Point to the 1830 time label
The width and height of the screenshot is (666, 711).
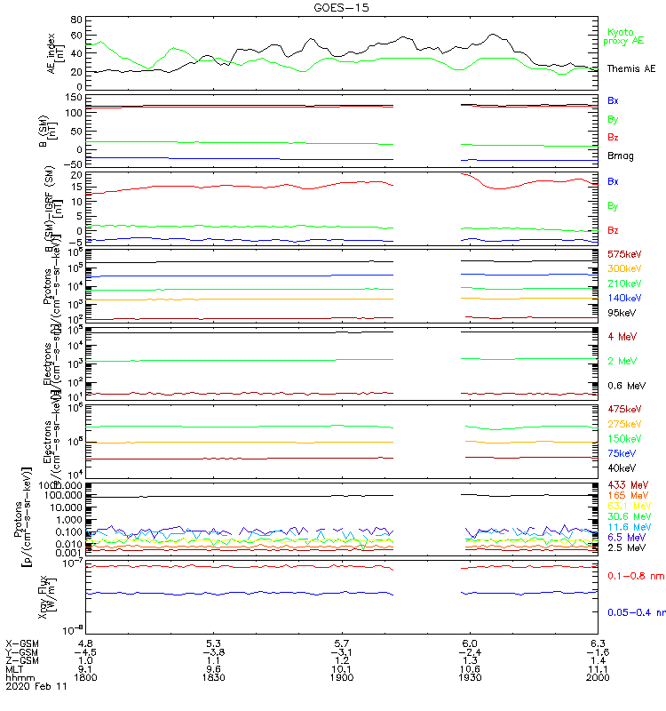point(213,677)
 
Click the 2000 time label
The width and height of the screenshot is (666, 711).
point(598,677)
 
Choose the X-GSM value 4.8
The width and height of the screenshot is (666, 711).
point(85,642)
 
